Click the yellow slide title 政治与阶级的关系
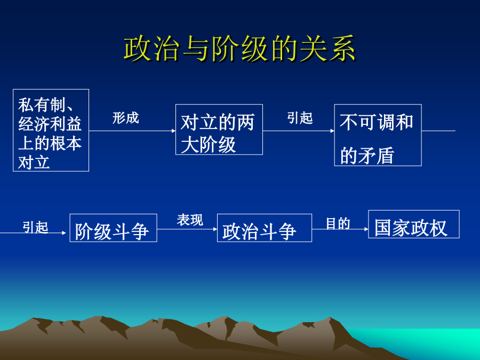coord(239,49)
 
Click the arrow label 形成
coord(125,118)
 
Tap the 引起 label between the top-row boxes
coord(300,118)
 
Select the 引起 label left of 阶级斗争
coord(35,227)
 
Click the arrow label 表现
coord(190,220)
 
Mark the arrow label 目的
coord(338,223)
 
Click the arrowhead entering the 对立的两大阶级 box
coord(173,131)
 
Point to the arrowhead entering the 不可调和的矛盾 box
coord(332,131)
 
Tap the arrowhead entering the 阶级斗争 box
coord(64,233)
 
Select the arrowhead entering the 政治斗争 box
coord(215,229)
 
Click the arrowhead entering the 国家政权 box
coord(366,229)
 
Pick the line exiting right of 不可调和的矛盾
coord(438,131)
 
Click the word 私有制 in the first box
coord(42,105)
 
